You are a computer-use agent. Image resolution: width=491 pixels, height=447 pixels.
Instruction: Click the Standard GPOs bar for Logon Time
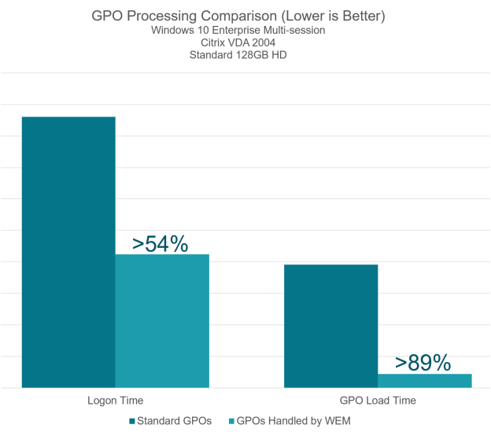(x=68, y=252)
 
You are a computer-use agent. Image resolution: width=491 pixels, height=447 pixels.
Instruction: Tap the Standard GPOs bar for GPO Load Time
(x=330, y=326)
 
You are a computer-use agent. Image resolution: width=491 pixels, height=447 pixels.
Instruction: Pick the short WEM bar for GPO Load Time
(x=424, y=380)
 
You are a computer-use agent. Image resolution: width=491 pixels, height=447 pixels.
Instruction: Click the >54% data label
(x=161, y=244)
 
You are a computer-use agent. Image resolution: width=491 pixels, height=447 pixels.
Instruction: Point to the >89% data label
(x=423, y=363)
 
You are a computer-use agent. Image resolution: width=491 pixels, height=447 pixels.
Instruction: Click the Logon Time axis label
(x=115, y=401)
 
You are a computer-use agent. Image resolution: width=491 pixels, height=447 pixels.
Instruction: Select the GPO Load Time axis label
(x=378, y=401)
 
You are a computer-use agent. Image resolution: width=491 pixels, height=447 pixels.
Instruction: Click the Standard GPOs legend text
(x=175, y=421)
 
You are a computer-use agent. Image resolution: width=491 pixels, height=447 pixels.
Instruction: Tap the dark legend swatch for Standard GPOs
(x=133, y=421)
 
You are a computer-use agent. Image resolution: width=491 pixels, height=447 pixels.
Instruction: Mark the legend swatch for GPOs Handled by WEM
(x=232, y=421)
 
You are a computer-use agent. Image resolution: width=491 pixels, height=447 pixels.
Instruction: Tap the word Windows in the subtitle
(x=172, y=30)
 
